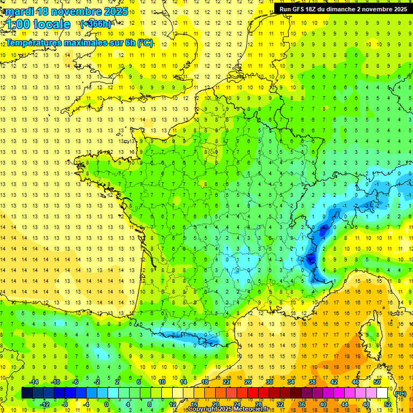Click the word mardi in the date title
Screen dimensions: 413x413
[x=21, y=11]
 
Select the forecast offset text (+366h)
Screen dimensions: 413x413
[x=96, y=24]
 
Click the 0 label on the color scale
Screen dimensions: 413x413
[x=106, y=404]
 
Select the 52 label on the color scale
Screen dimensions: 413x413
[x=388, y=404]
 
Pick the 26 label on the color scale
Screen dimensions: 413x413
[x=248, y=382]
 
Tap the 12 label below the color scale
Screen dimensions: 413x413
[x=173, y=404]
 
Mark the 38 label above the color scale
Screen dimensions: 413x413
[x=312, y=382]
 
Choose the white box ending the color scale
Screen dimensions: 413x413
[x=382, y=393]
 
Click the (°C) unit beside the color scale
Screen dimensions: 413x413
[x=400, y=394]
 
